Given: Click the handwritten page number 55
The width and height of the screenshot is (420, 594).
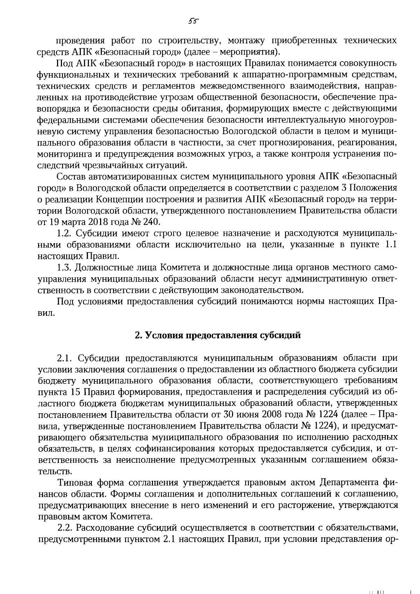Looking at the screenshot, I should (x=193, y=21).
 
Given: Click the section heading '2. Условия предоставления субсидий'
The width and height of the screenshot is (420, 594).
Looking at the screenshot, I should (x=218, y=335).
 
